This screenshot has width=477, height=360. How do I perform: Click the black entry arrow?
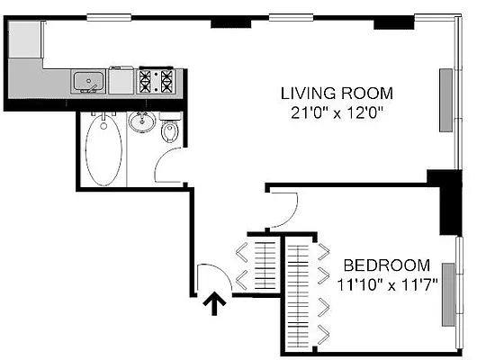(x=214, y=306)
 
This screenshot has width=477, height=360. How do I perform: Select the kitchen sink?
(x=88, y=82)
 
